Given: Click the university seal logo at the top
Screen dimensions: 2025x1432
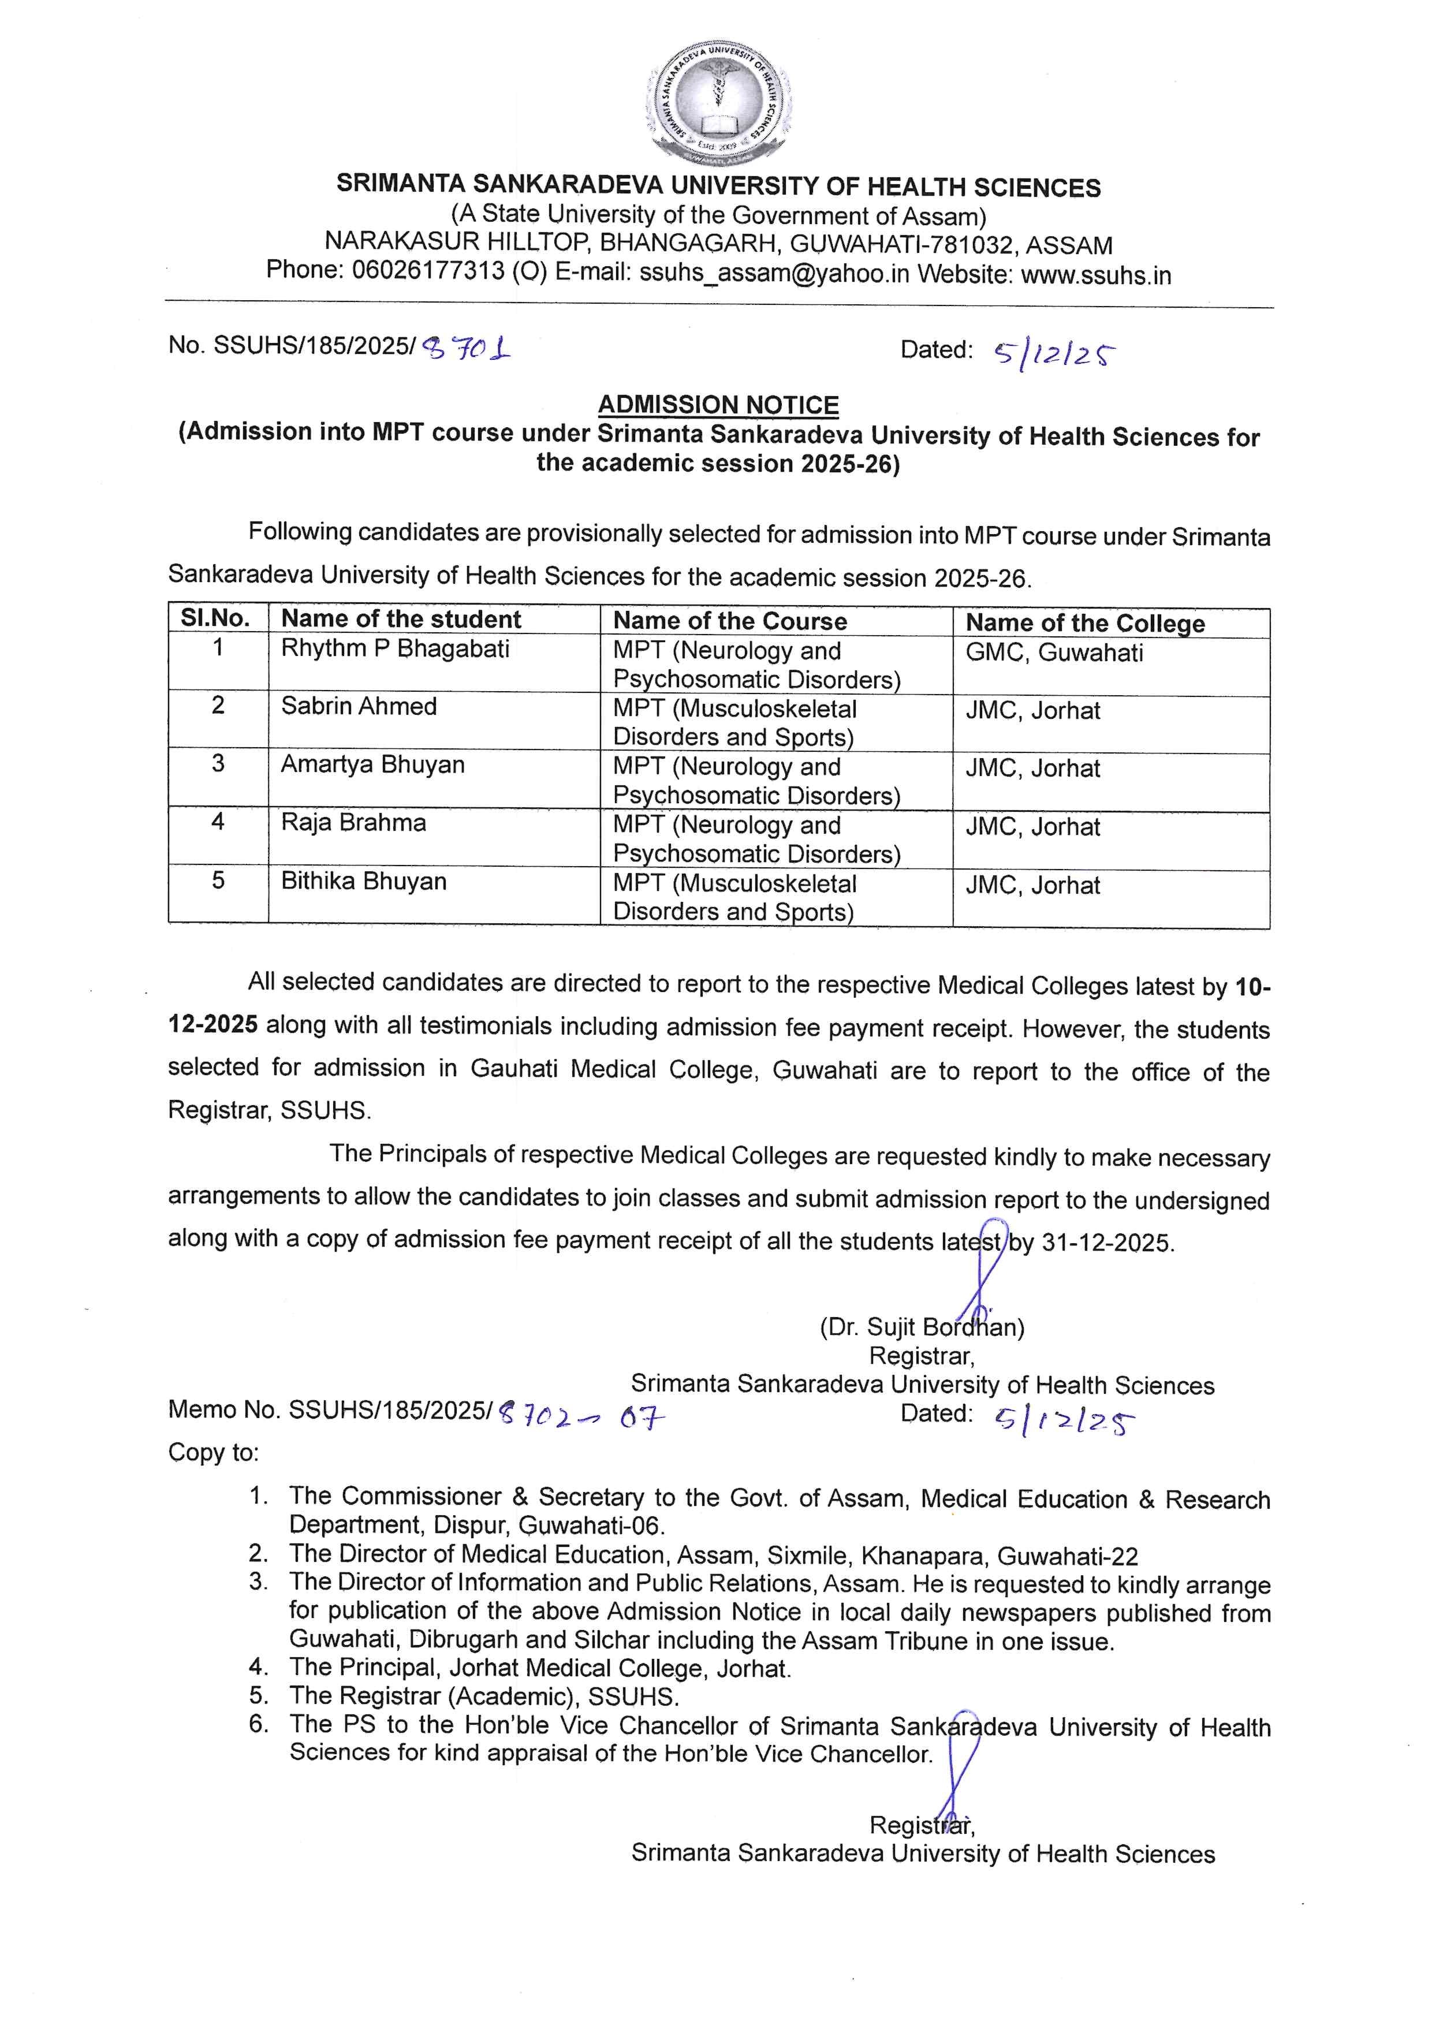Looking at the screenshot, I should (719, 104).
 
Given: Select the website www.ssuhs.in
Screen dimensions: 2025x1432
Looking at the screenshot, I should (1096, 275).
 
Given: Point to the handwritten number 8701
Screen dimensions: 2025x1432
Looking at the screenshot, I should (467, 350).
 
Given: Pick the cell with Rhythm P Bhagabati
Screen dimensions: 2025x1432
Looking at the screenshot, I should (395, 648).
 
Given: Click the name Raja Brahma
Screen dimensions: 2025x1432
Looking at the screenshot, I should (353, 823).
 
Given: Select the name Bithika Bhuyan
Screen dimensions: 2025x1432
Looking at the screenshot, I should (363, 881).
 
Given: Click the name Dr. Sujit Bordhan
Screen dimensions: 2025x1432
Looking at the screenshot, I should (922, 1326).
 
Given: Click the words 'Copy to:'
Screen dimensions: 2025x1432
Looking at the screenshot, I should (214, 1453).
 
